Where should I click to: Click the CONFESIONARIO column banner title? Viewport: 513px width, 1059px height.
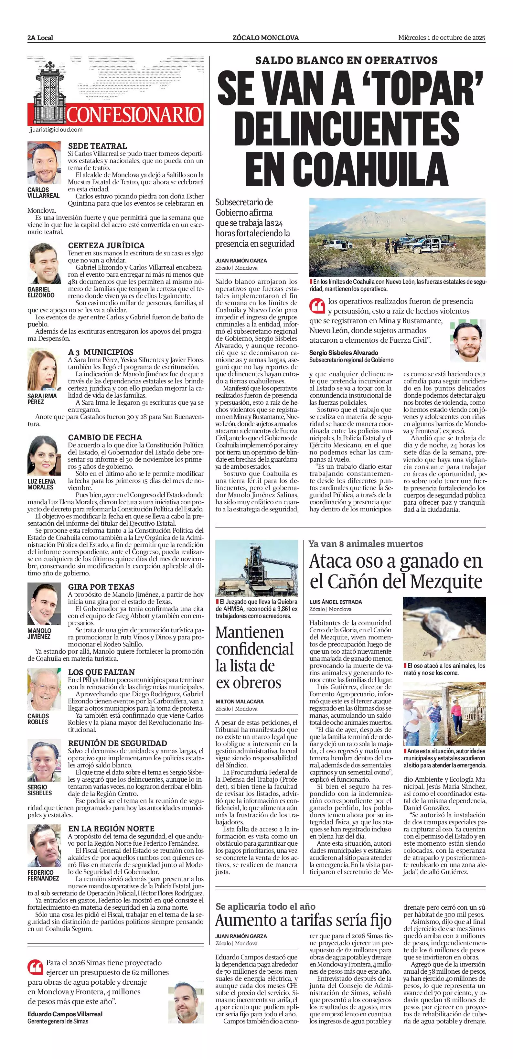[x=134, y=115]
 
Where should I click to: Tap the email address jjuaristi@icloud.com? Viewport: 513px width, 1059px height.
[x=56, y=130]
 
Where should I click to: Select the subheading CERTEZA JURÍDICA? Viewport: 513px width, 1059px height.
[x=106, y=245]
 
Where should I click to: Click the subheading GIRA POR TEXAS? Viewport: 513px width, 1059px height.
[x=101, y=587]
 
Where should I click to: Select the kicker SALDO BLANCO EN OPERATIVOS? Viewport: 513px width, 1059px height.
[x=347, y=60]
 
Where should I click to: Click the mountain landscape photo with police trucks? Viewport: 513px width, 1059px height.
[x=397, y=237]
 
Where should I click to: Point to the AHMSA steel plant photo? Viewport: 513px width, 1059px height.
[x=257, y=568]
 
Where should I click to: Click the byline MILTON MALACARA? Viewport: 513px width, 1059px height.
[x=239, y=701]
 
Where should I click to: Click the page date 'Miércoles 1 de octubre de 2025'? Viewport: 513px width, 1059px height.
[x=442, y=38]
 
